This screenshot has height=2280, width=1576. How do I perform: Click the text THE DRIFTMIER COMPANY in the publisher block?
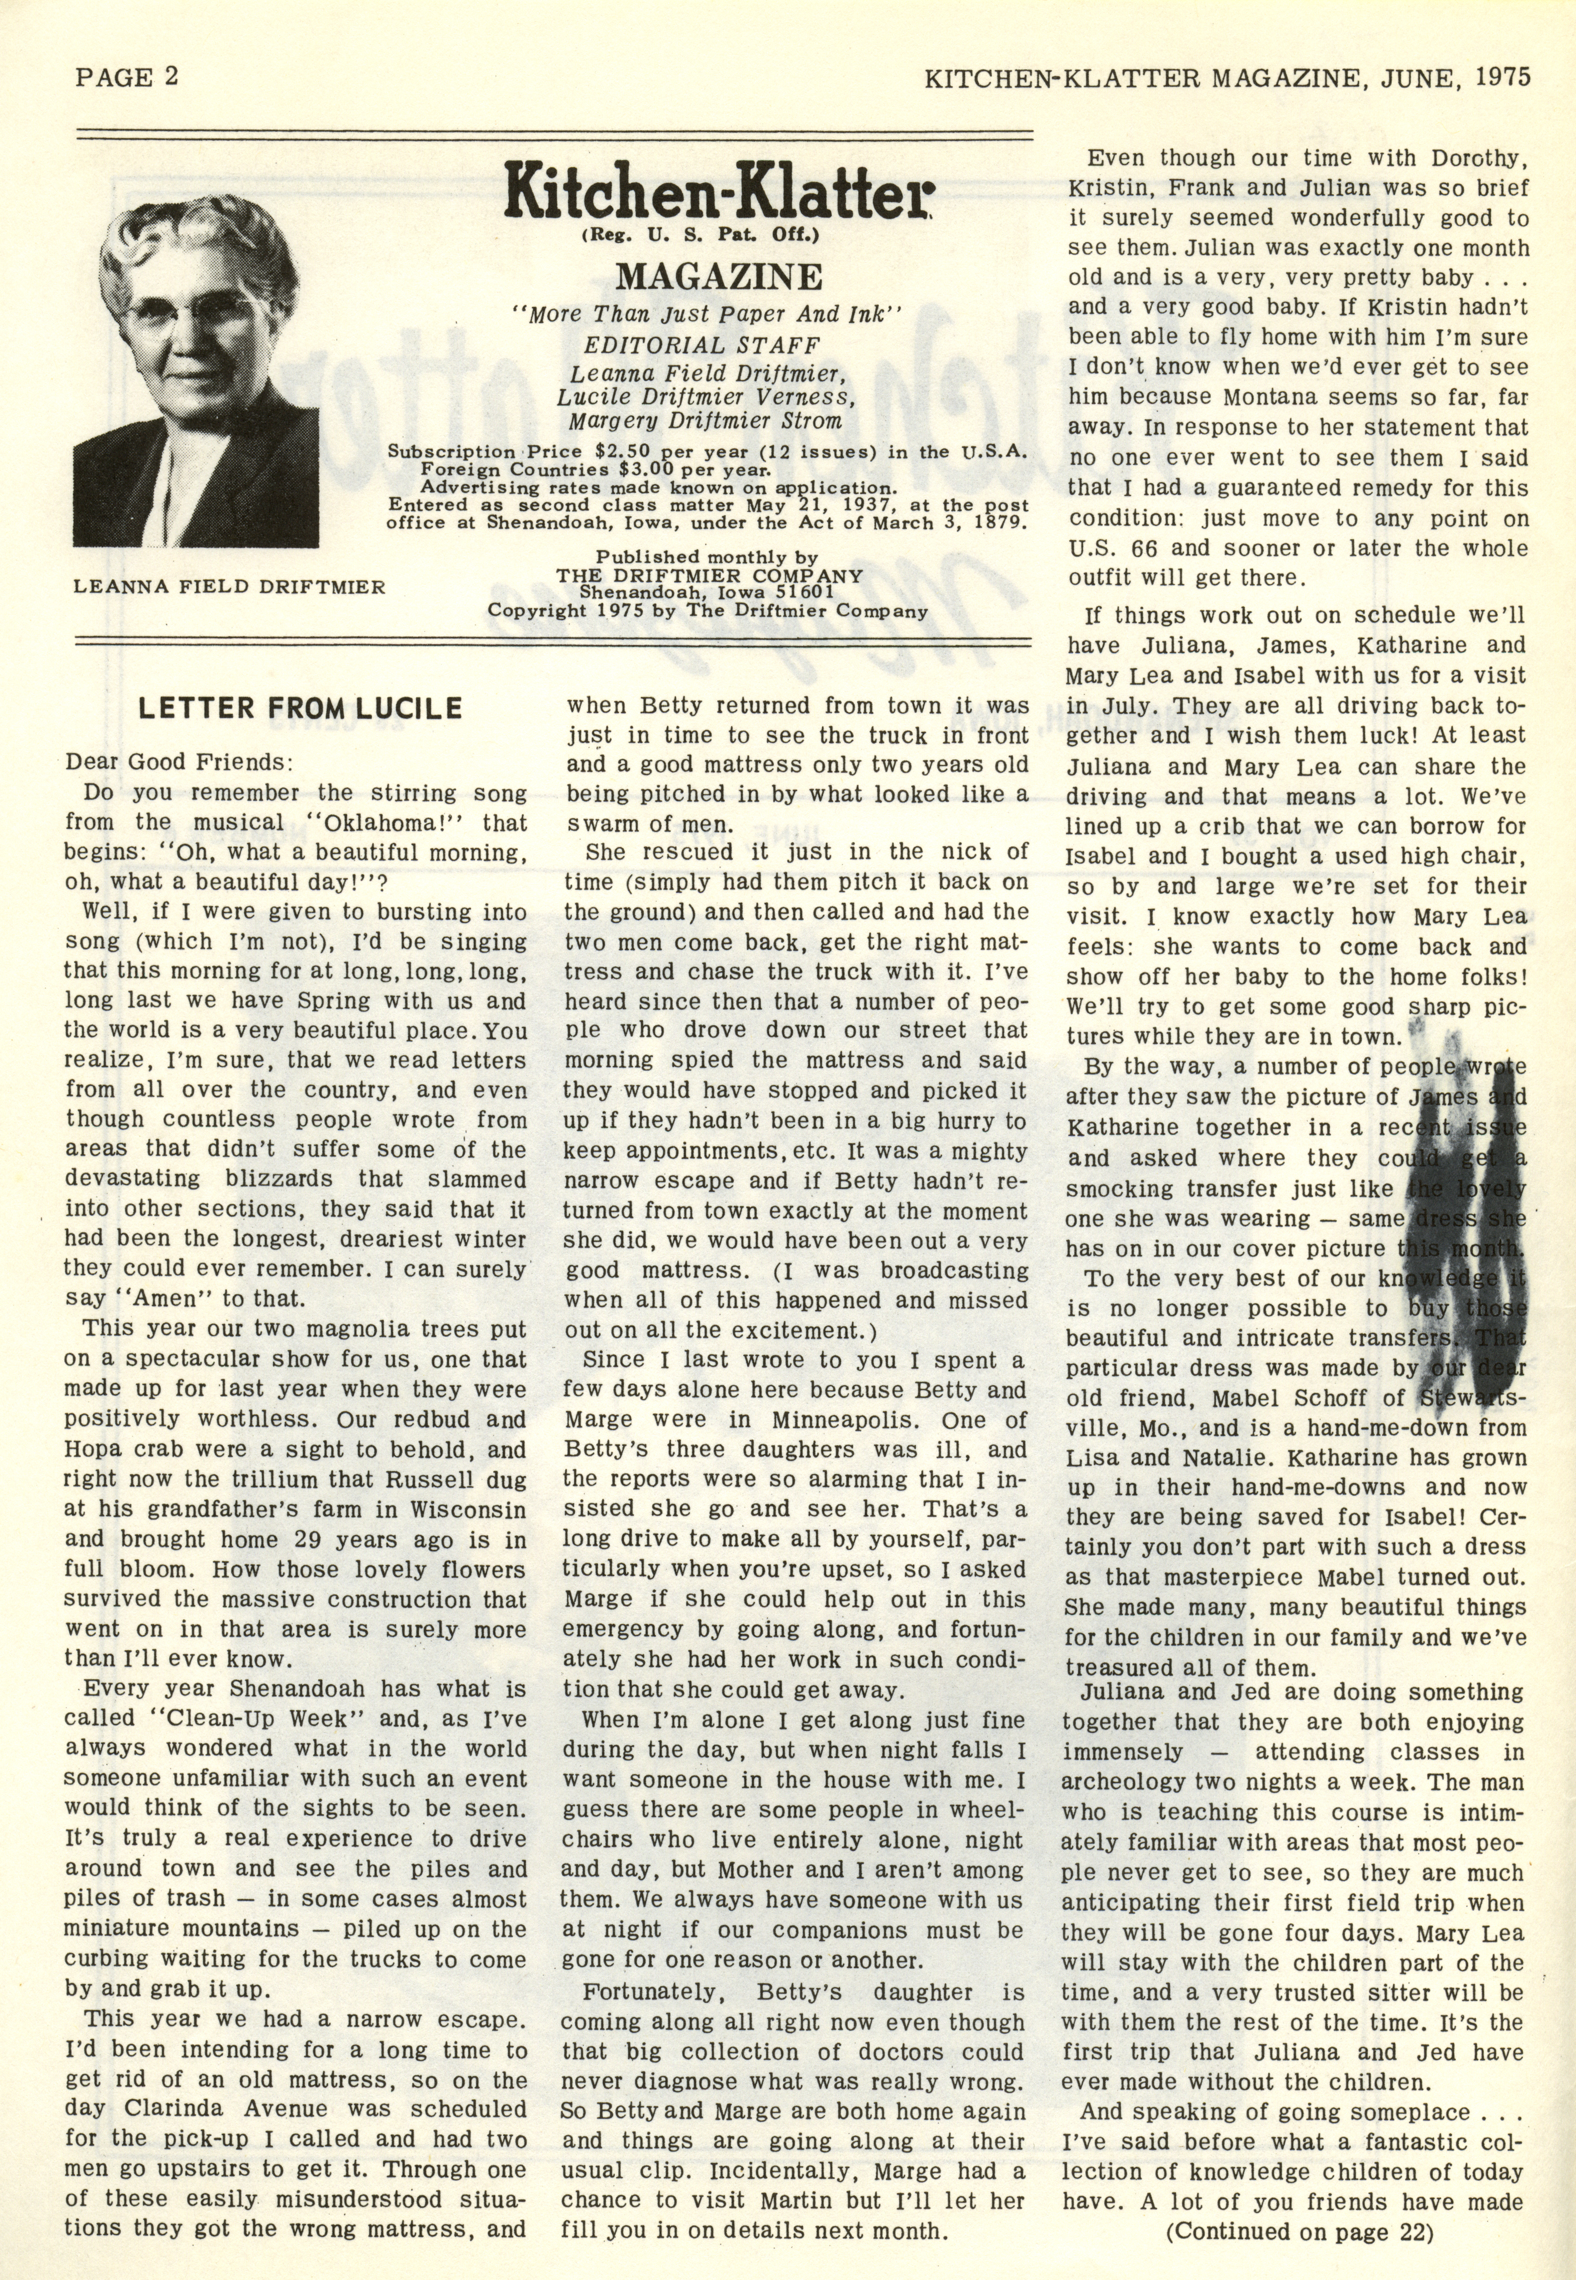click(x=709, y=576)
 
